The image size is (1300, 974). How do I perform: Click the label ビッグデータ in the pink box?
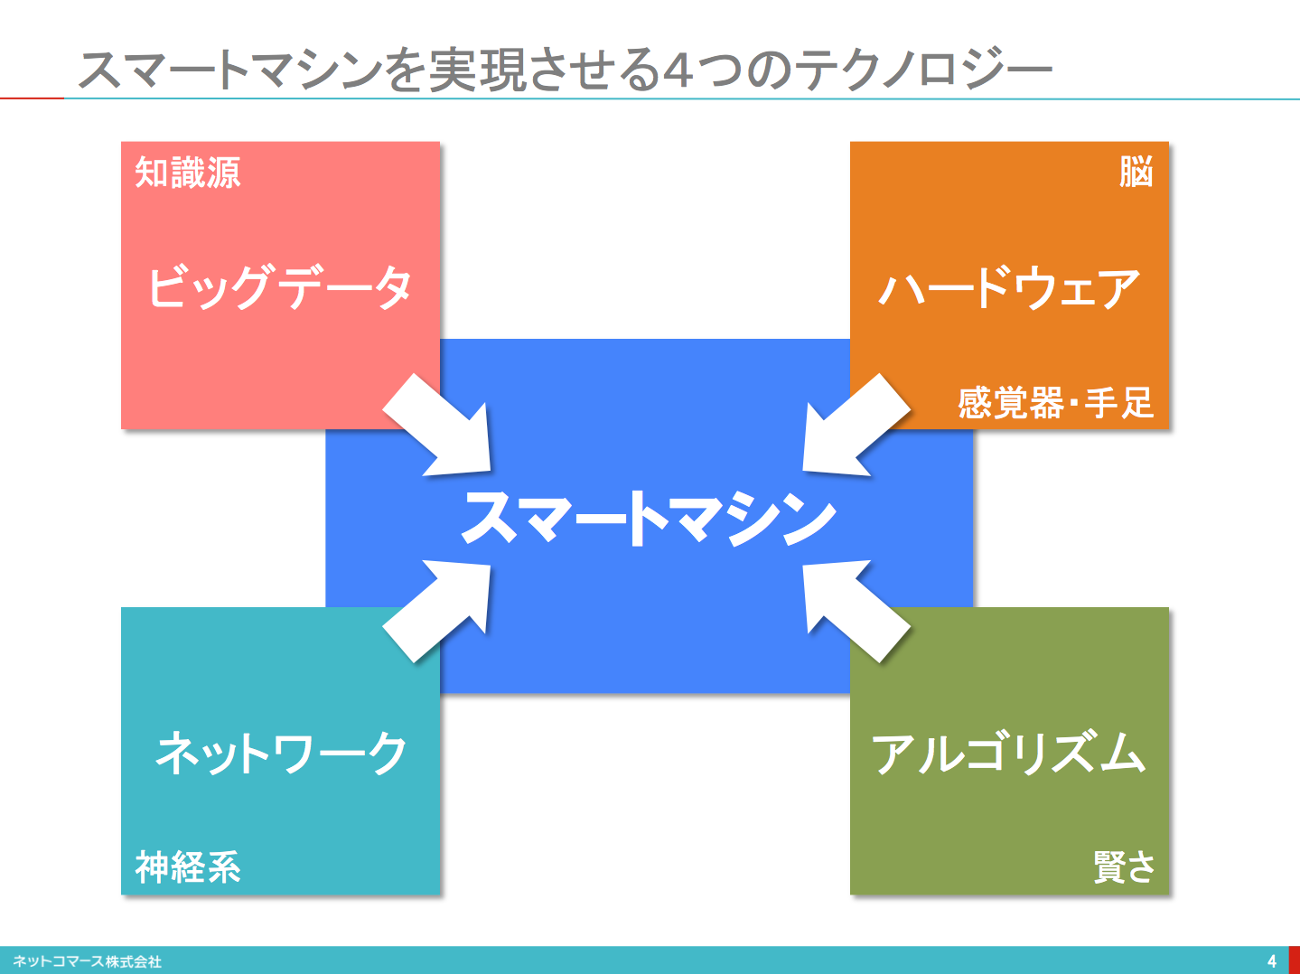click(279, 286)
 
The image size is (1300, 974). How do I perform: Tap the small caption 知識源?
click(188, 173)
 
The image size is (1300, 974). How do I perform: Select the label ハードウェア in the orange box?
click(1008, 288)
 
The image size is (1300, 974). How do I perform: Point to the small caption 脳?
click(1136, 172)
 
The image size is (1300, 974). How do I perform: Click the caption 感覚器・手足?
click(1055, 403)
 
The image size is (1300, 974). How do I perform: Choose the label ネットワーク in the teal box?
click(281, 753)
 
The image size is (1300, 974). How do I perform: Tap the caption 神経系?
click(188, 866)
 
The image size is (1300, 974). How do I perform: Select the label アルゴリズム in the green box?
click(1008, 753)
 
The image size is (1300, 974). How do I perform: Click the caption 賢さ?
click(1124, 866)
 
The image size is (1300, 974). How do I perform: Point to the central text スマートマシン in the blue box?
click(650, 518)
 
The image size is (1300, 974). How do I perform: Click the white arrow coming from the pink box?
click(437, 425)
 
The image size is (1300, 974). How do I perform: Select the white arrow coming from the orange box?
click(856, 425)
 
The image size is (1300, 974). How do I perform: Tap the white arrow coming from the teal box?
click(437, 611)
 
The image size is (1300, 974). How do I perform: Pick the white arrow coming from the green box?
click(856, 611)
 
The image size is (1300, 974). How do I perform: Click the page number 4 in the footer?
click(1271, 960)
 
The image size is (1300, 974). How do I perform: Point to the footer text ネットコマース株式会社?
click(87, 961)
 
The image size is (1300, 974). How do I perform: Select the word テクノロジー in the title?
click(922, 70)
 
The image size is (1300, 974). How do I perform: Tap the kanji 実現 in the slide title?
click(477, 70)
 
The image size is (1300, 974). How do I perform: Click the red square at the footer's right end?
click(1295, 960)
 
